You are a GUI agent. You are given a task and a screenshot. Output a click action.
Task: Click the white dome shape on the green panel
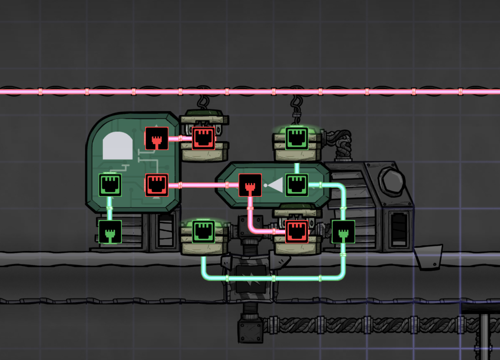coord(118,146)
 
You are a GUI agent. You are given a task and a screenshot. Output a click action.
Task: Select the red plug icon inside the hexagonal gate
coord(250,185)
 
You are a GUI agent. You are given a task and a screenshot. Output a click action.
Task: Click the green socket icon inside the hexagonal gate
coord(297,185)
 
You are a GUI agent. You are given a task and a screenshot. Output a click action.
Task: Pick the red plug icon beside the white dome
coord(157,139)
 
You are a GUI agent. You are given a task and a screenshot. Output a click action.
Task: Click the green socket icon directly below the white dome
coord(110,185)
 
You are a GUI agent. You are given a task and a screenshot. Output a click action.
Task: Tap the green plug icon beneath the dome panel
coord(110,232)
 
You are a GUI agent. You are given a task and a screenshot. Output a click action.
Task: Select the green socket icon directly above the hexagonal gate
coord(297,138)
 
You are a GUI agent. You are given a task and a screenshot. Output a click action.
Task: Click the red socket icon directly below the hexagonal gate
coord(297,232)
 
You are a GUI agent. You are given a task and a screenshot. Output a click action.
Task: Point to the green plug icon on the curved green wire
coord(343,232)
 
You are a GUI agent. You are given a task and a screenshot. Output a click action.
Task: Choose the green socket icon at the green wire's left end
coord(203,232)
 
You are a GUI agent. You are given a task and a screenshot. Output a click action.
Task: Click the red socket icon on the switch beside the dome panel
coord(203,138)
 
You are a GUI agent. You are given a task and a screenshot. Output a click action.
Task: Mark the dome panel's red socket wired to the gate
coord(157,185)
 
